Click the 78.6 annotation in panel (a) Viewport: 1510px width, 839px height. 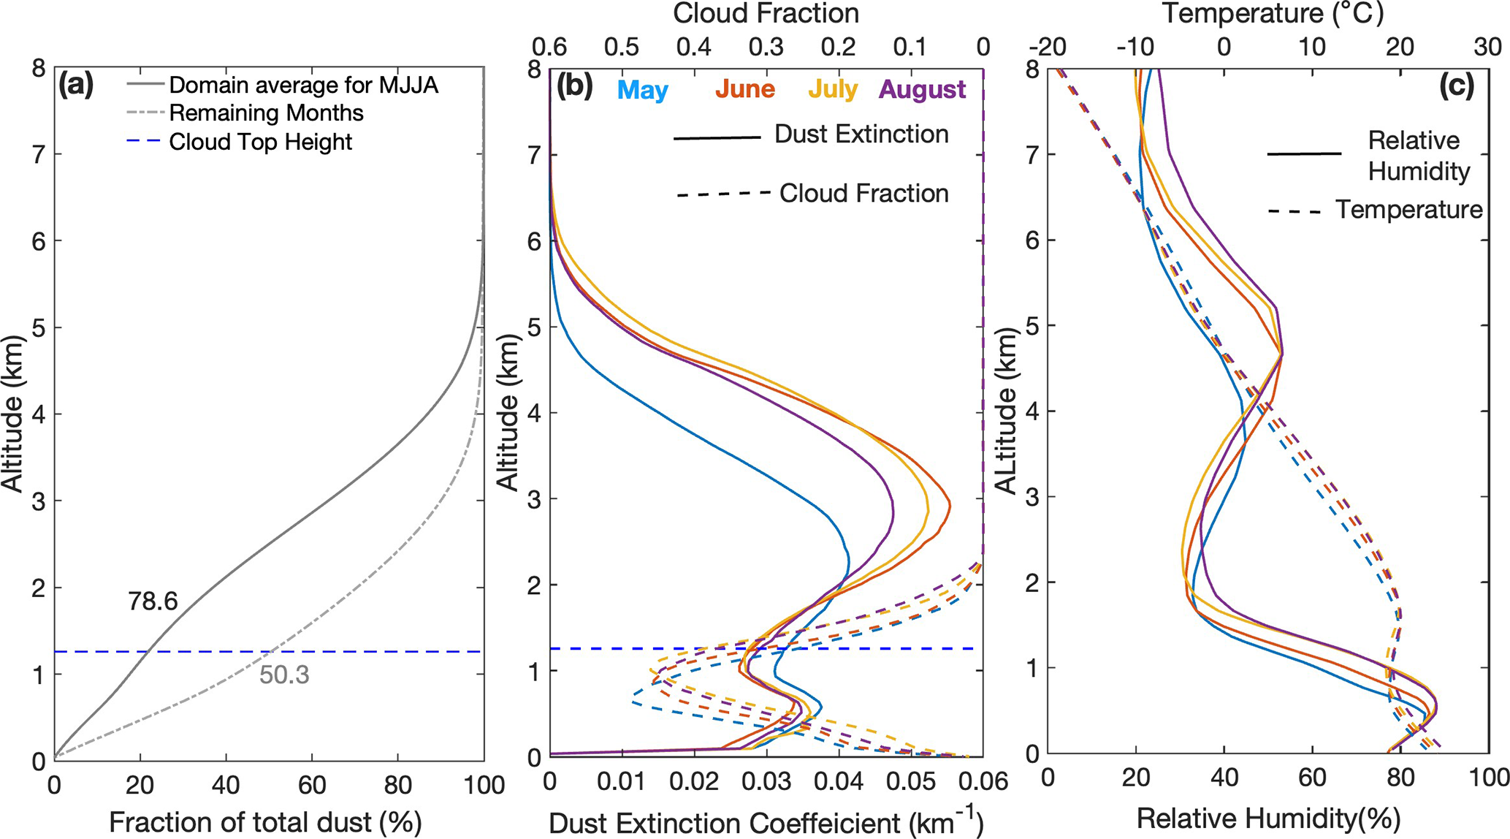point(153,601)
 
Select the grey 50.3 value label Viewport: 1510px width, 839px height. point(284,675)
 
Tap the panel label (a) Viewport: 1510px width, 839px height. point(77,86)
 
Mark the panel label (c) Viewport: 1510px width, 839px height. point(1457,86)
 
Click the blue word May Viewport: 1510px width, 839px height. point(643,91)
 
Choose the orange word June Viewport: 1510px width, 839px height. point(744,89)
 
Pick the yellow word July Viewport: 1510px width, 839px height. point(832,89)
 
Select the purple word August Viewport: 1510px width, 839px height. point(923,89)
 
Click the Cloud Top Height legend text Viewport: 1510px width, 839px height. point(260,142)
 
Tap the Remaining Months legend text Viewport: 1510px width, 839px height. point(266,113)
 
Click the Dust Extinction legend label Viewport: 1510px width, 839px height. point(861,134)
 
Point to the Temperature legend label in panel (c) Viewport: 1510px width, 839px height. point(1409,210)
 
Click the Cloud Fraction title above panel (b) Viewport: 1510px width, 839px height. point(766,13)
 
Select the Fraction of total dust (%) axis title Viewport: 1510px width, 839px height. point(265,822)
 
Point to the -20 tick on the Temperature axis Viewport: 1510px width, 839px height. point(1048,47)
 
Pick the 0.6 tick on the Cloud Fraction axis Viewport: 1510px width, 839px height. point(549,47)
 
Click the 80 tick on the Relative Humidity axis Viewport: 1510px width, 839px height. point(1400,777)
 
